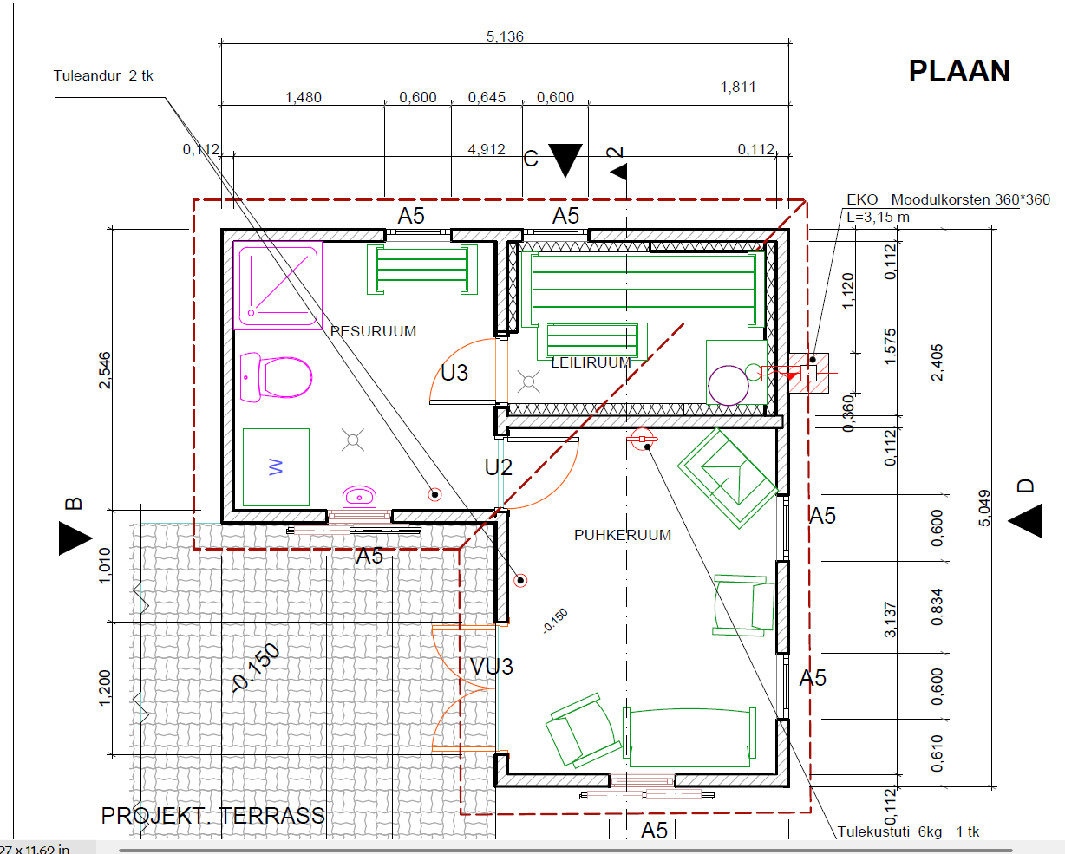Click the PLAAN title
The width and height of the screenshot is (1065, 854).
(959, 71)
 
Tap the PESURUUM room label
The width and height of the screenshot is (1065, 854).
(373, 331)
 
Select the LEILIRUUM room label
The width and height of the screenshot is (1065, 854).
(591, 362)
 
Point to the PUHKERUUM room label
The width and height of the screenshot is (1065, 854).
(623, 535)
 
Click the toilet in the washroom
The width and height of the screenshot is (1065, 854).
(276, 377)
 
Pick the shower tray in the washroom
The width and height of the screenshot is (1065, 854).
(278, 285)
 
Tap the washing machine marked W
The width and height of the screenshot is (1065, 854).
(276, 467)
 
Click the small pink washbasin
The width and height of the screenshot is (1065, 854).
(359, 497)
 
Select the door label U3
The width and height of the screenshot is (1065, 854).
(454, 373)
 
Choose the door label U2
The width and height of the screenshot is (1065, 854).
(499, 467)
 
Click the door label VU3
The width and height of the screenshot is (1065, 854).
(492, 667)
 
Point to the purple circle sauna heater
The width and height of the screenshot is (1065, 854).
(729, 386)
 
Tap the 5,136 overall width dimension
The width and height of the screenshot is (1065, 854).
(505, 36)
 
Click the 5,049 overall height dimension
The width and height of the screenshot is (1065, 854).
(985, 508)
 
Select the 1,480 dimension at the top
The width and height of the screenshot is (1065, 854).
(303, 97)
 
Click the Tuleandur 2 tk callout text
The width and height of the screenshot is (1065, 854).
(103, 75)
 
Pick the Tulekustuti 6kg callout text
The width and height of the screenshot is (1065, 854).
(908, 831)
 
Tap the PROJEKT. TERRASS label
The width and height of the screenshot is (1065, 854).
(212, 816)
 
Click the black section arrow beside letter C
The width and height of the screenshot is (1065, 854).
(565, 160)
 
